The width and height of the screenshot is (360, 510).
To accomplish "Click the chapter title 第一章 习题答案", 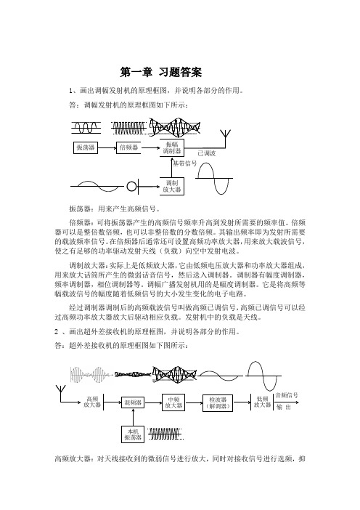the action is click(161, 72).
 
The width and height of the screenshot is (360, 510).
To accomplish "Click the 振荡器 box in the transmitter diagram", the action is click(86, 147).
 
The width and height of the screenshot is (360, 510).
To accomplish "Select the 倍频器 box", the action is click(128, 147).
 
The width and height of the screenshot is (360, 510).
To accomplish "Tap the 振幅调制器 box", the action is click(172, 147).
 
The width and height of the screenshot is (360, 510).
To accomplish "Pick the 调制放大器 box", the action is click(172, 186).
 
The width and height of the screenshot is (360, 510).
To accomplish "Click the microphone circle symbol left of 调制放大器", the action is click(131, 187).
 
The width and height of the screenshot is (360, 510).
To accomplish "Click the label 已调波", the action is click(207, 153).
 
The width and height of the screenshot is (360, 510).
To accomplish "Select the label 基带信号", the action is click(185, 163).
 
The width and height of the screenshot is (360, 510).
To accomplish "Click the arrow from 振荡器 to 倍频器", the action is click(107, 148).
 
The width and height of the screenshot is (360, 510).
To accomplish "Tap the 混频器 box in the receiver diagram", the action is click(133, 402).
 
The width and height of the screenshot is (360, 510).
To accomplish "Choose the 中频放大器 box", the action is click(173, 402).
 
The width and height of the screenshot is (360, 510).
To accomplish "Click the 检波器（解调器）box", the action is click(218, 402).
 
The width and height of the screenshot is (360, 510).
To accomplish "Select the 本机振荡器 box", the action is click(133, 434).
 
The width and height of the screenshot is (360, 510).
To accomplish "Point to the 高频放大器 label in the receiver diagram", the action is click(92, 402).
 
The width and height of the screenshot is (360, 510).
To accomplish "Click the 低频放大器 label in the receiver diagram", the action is click(262, 402).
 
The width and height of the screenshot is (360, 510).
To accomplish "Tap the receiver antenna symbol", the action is click(61, 389).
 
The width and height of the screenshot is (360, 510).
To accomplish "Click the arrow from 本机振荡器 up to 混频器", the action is click(133, 417).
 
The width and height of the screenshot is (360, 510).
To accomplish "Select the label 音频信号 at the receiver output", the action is click(287, 395).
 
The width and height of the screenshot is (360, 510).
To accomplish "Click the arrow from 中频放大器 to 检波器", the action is click(194, 402).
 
